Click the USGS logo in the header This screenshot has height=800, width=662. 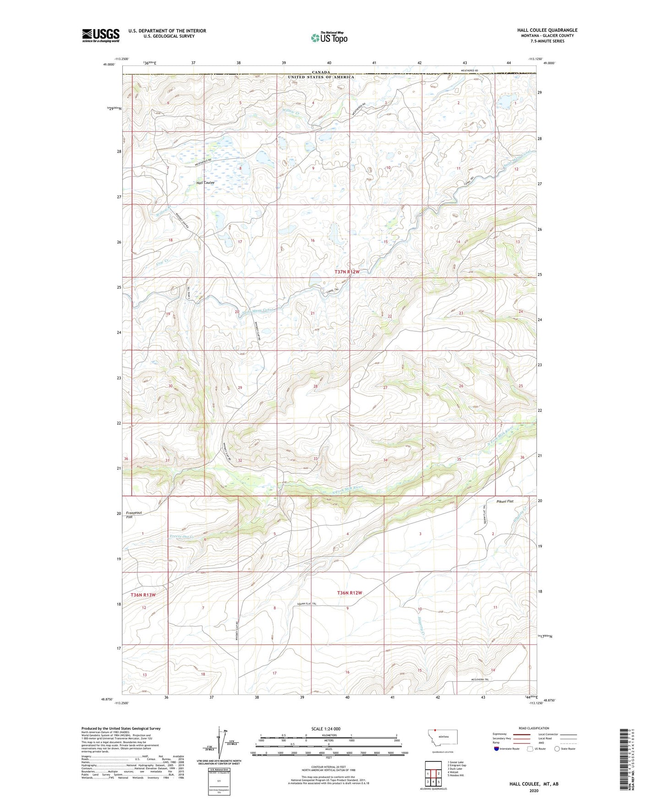(x=100, y=35)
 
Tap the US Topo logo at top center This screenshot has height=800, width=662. (x=329, y=37)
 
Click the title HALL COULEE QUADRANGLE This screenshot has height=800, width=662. (x=547, y=30)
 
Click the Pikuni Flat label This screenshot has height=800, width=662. (x=505, y=501)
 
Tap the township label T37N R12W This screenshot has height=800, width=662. (x=347, y=272)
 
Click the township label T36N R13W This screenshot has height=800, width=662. (x=143, y=595)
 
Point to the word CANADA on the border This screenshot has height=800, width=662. (x=321, y=72)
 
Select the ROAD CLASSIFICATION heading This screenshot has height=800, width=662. (x=534, y=728)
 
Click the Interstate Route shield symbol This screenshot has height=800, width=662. (x=497, y=749)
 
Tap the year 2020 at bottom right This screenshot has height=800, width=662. (x=534, y=790)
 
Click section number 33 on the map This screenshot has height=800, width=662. (x=315, y=459)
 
